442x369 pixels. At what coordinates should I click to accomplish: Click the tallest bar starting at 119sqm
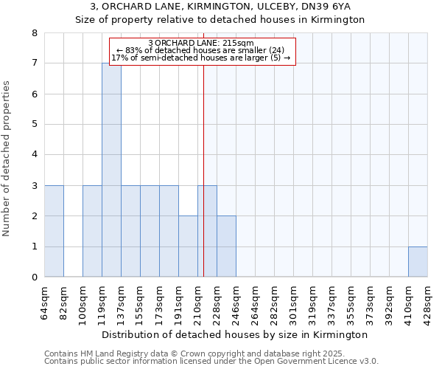pos(111,170)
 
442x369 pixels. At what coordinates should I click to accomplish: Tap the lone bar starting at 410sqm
pos(418,261)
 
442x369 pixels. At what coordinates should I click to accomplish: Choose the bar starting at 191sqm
pos(188,246)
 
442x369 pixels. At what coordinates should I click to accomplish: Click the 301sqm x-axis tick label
pos(294,302)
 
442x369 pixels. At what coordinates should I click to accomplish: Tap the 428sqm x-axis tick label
pos(428,302)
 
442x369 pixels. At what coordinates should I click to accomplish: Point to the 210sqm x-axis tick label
pos(198,302)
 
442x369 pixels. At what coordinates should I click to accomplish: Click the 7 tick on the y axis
pos(35,63)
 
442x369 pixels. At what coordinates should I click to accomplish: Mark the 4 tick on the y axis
pos(35,155)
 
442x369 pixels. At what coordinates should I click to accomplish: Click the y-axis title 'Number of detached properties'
pos(7,159)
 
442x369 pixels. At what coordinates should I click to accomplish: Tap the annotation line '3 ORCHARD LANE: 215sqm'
pos(201,43)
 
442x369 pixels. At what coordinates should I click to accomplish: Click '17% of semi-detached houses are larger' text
pos(201,58)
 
